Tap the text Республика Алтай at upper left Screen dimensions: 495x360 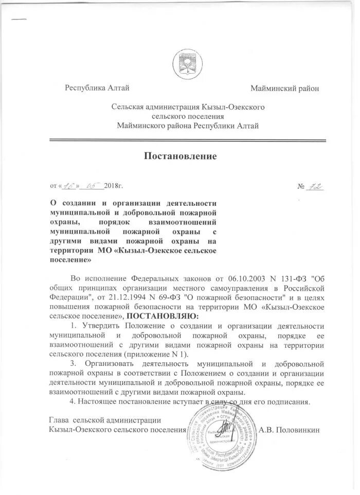click(x=96, y=89)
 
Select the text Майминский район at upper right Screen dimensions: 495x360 click(x=284, y=89)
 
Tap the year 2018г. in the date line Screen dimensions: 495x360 click(x=114, y=185)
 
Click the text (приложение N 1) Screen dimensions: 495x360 click(x=160, y=354)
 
